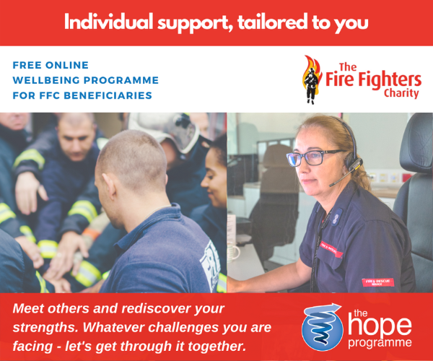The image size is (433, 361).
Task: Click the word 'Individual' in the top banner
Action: (x=108, y=22)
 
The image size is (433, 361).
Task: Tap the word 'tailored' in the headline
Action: (x=272, y=22)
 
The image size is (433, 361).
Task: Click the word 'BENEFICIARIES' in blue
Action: (x=108, y=95)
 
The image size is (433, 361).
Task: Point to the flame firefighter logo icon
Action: (x=312, y=79)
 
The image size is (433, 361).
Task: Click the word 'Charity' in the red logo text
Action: (x=401, y=93)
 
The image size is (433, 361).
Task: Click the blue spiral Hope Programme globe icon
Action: (x=323, y=327)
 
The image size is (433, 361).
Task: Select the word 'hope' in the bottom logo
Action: (x=380, y=326)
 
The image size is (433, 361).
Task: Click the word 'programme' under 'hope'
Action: (x=380, y=342)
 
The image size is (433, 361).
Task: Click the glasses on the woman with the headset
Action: (x=314, y=157)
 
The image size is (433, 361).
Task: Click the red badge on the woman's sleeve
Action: (x=377, y=282)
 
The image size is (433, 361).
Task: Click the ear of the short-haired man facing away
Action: (x=111, y=186)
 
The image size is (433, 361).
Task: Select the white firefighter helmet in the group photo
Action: (x=166, y=131)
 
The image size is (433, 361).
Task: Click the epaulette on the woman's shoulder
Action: (x=336, y=217)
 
